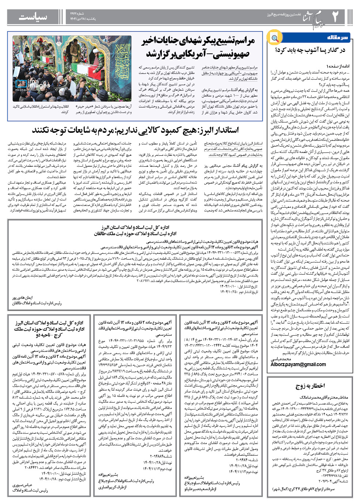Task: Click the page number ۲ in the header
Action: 335,16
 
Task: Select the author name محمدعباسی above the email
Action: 281,359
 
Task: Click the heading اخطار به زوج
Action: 310,385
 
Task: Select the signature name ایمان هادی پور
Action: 22,298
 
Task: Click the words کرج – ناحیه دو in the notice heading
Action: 48,335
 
